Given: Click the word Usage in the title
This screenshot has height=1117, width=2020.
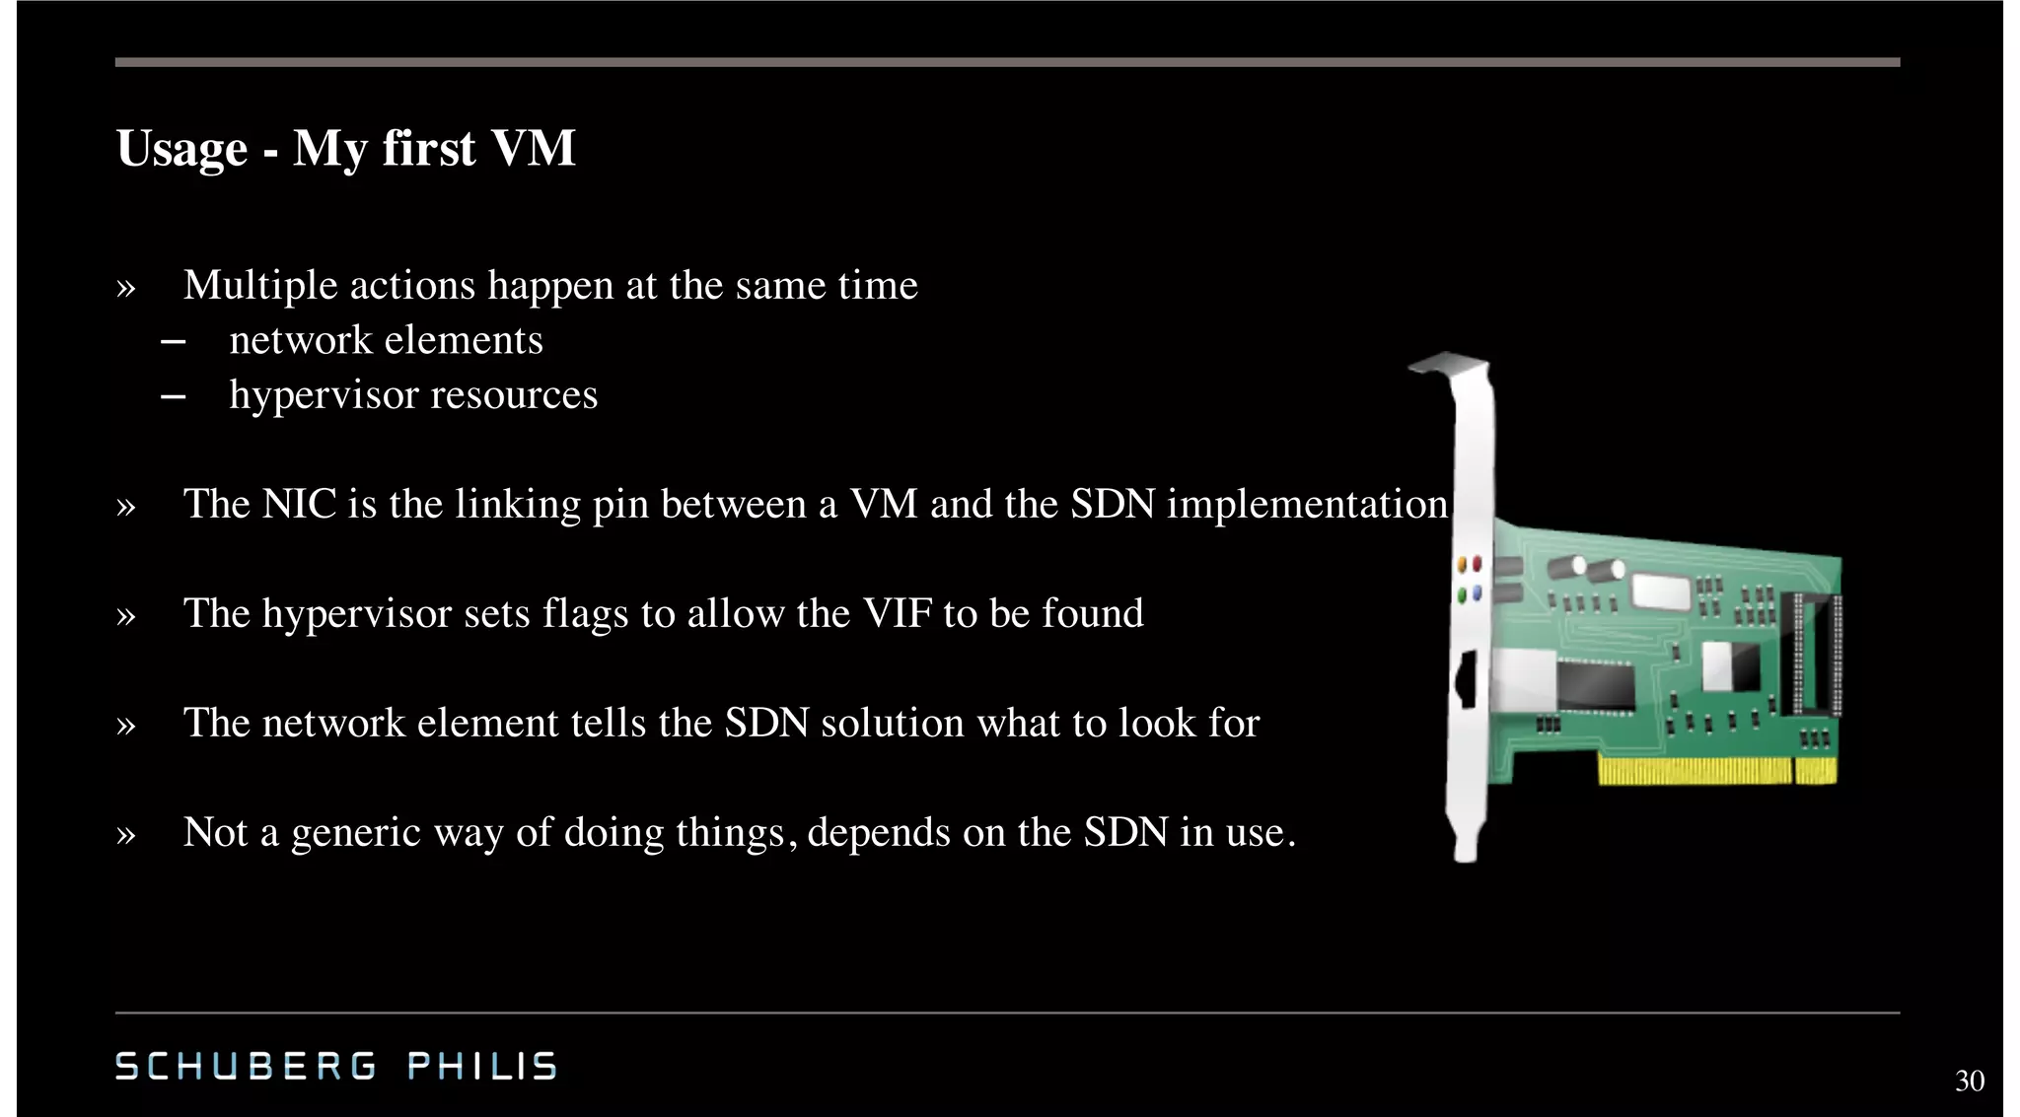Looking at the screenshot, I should point(181,150).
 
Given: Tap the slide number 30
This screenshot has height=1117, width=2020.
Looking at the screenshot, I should point(1969,1081).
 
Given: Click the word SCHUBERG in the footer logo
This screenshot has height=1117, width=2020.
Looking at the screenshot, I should point(246,1067).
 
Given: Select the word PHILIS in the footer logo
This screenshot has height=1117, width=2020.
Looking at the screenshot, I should point(482,1067).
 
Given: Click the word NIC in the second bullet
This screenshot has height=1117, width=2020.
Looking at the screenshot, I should point(299,505).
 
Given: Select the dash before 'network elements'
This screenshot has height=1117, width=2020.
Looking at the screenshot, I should point(173,342).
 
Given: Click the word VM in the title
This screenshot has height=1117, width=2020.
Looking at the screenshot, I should point(533,150).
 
